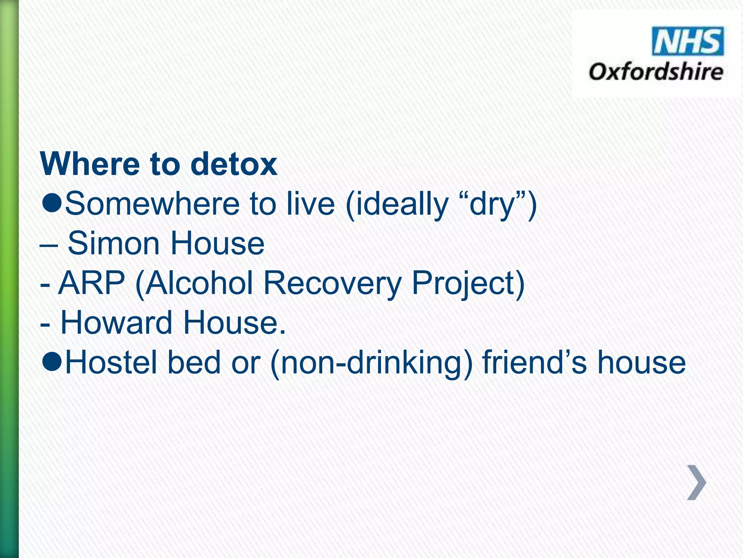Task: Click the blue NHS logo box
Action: click(x=687, y=41)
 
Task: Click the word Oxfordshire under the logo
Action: click(x=656, y=72)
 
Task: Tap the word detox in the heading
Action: click(x=234, y=164)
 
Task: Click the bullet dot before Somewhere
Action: click(x=52, y=204)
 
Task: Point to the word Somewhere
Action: click(x=152, y=204)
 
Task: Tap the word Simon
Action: click(x=114, y=243)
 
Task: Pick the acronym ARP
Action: click(x=91, y=283)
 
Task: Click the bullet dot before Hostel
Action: click(x=52, y=362)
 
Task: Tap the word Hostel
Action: click(x=111, y=362)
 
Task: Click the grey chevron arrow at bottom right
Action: click(x=697, y=482)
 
